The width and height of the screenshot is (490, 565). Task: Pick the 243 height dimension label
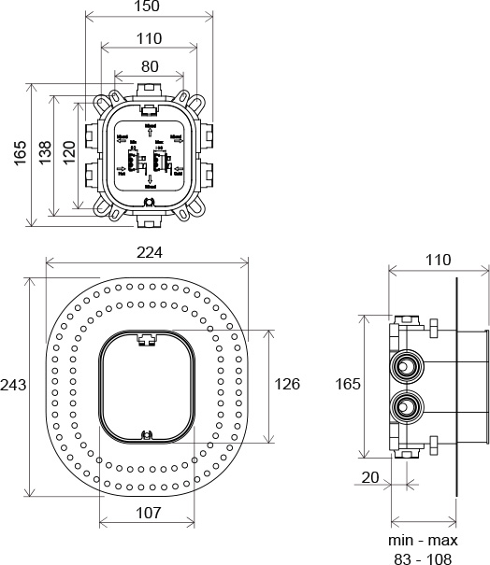click(13, 386)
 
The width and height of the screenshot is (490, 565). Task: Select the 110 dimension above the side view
click(437, 260)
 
